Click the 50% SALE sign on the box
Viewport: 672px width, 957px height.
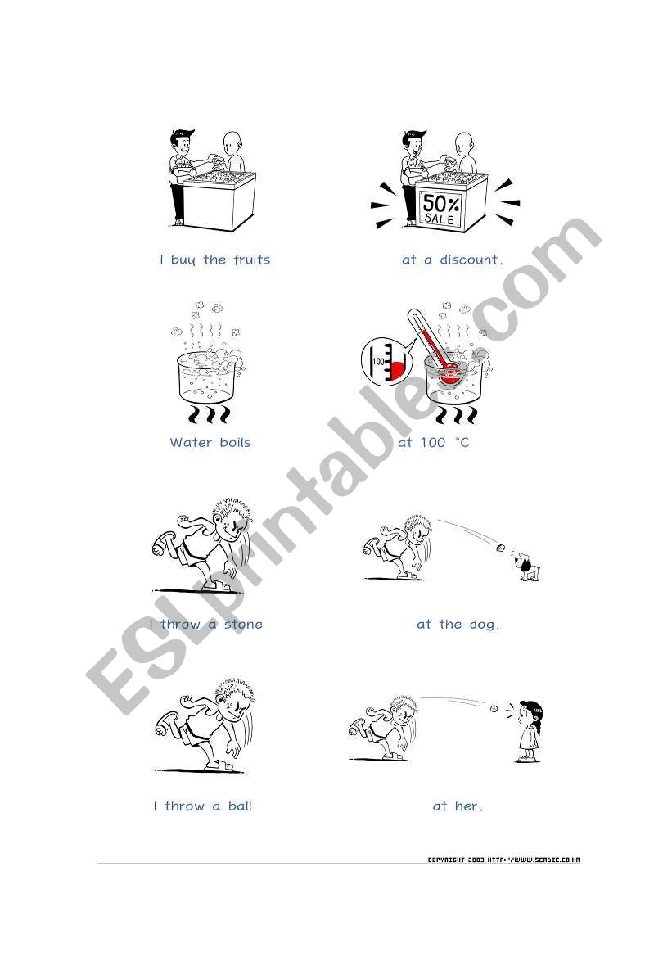pos(440,210)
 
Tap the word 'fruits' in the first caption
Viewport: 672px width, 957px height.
pos(251,260)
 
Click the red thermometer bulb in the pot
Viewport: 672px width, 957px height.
pos(449,372)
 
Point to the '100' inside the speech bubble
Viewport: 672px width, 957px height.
pos(378,361)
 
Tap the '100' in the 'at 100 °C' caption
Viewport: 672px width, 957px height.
pos(433,443)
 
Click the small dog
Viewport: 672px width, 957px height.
pos(527,567)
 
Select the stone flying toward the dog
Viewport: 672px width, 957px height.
pos(501,547)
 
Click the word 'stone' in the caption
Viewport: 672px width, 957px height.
pos(243,625)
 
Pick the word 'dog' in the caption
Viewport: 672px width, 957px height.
pos(484,625)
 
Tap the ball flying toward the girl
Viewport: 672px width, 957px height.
pos(494,709)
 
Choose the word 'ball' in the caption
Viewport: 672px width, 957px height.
pos(240,806)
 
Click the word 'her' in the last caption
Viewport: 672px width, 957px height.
pos(468,806)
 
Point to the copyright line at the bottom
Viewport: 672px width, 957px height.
pos(503,860)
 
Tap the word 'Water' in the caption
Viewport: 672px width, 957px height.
pos(191,442)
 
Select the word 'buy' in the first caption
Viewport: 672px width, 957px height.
pos(183,260)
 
